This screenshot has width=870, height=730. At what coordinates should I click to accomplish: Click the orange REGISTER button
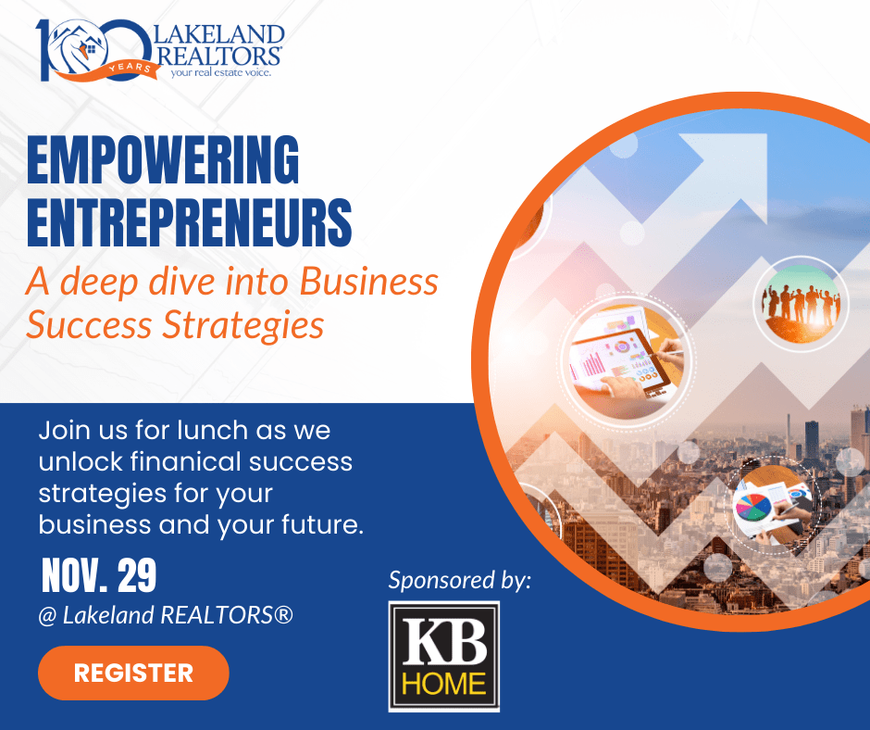point(133,673)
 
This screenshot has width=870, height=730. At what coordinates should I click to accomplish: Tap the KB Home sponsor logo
point(444,656)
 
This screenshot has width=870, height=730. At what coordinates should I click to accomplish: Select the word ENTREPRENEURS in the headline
point(189,222)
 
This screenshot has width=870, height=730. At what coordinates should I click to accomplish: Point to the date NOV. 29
point(99,575)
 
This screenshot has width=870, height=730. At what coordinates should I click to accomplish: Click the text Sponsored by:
point(459,581)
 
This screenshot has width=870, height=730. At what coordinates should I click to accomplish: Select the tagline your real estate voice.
point(221,72)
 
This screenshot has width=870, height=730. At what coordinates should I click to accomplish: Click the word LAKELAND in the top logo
point(218,34)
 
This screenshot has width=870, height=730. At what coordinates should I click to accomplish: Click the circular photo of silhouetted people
point(801,303)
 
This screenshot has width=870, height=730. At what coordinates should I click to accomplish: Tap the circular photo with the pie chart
point(771,506)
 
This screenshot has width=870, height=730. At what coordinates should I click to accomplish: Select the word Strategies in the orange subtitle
point(242,325)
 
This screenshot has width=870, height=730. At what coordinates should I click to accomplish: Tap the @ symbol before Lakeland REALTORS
point(48,615)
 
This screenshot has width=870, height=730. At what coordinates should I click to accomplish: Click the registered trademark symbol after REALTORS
point(283,614)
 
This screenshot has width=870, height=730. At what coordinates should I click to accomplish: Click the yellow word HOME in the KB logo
point(444,684)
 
